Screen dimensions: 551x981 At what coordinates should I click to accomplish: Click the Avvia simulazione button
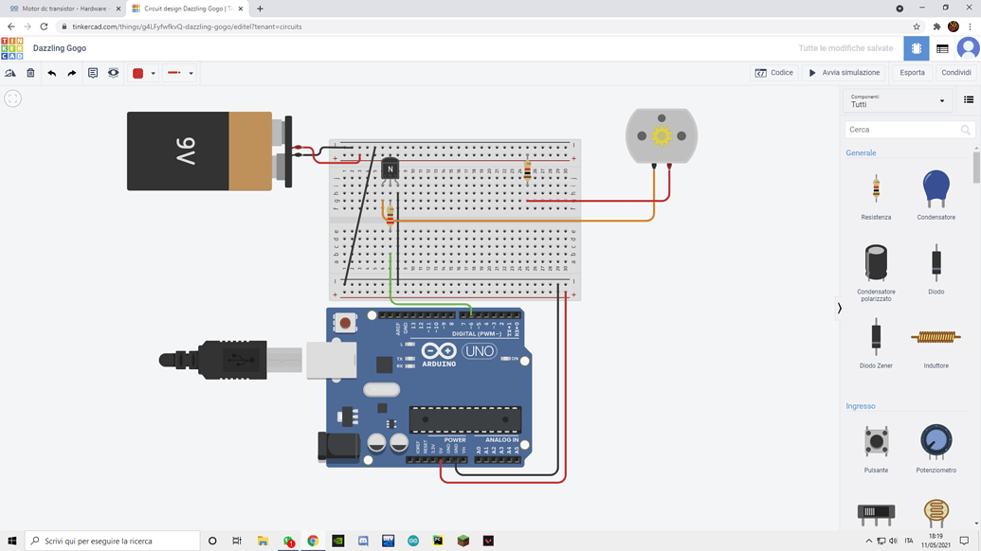844,73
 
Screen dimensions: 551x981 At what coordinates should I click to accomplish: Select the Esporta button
912,73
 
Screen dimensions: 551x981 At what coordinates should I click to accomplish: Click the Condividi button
955,73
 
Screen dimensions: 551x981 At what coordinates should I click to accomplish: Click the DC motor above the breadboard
662,136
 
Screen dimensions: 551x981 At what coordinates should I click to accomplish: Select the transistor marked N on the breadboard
390,169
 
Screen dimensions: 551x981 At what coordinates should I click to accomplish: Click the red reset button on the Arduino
345,323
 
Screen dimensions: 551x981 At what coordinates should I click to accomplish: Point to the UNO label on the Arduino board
479,351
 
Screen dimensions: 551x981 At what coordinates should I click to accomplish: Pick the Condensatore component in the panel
936,189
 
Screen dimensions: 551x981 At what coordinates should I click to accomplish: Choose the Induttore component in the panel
936,337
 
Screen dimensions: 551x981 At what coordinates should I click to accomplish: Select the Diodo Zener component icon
876,337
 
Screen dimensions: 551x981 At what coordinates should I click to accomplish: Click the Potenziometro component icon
936,442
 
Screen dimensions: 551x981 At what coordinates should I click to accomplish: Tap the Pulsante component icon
876,442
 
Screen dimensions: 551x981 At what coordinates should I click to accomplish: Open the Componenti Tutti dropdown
897,100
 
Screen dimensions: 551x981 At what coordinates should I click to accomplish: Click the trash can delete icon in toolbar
30,73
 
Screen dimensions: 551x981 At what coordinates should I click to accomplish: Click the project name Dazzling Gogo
60,48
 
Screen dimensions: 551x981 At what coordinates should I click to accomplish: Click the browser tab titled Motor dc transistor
64,9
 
